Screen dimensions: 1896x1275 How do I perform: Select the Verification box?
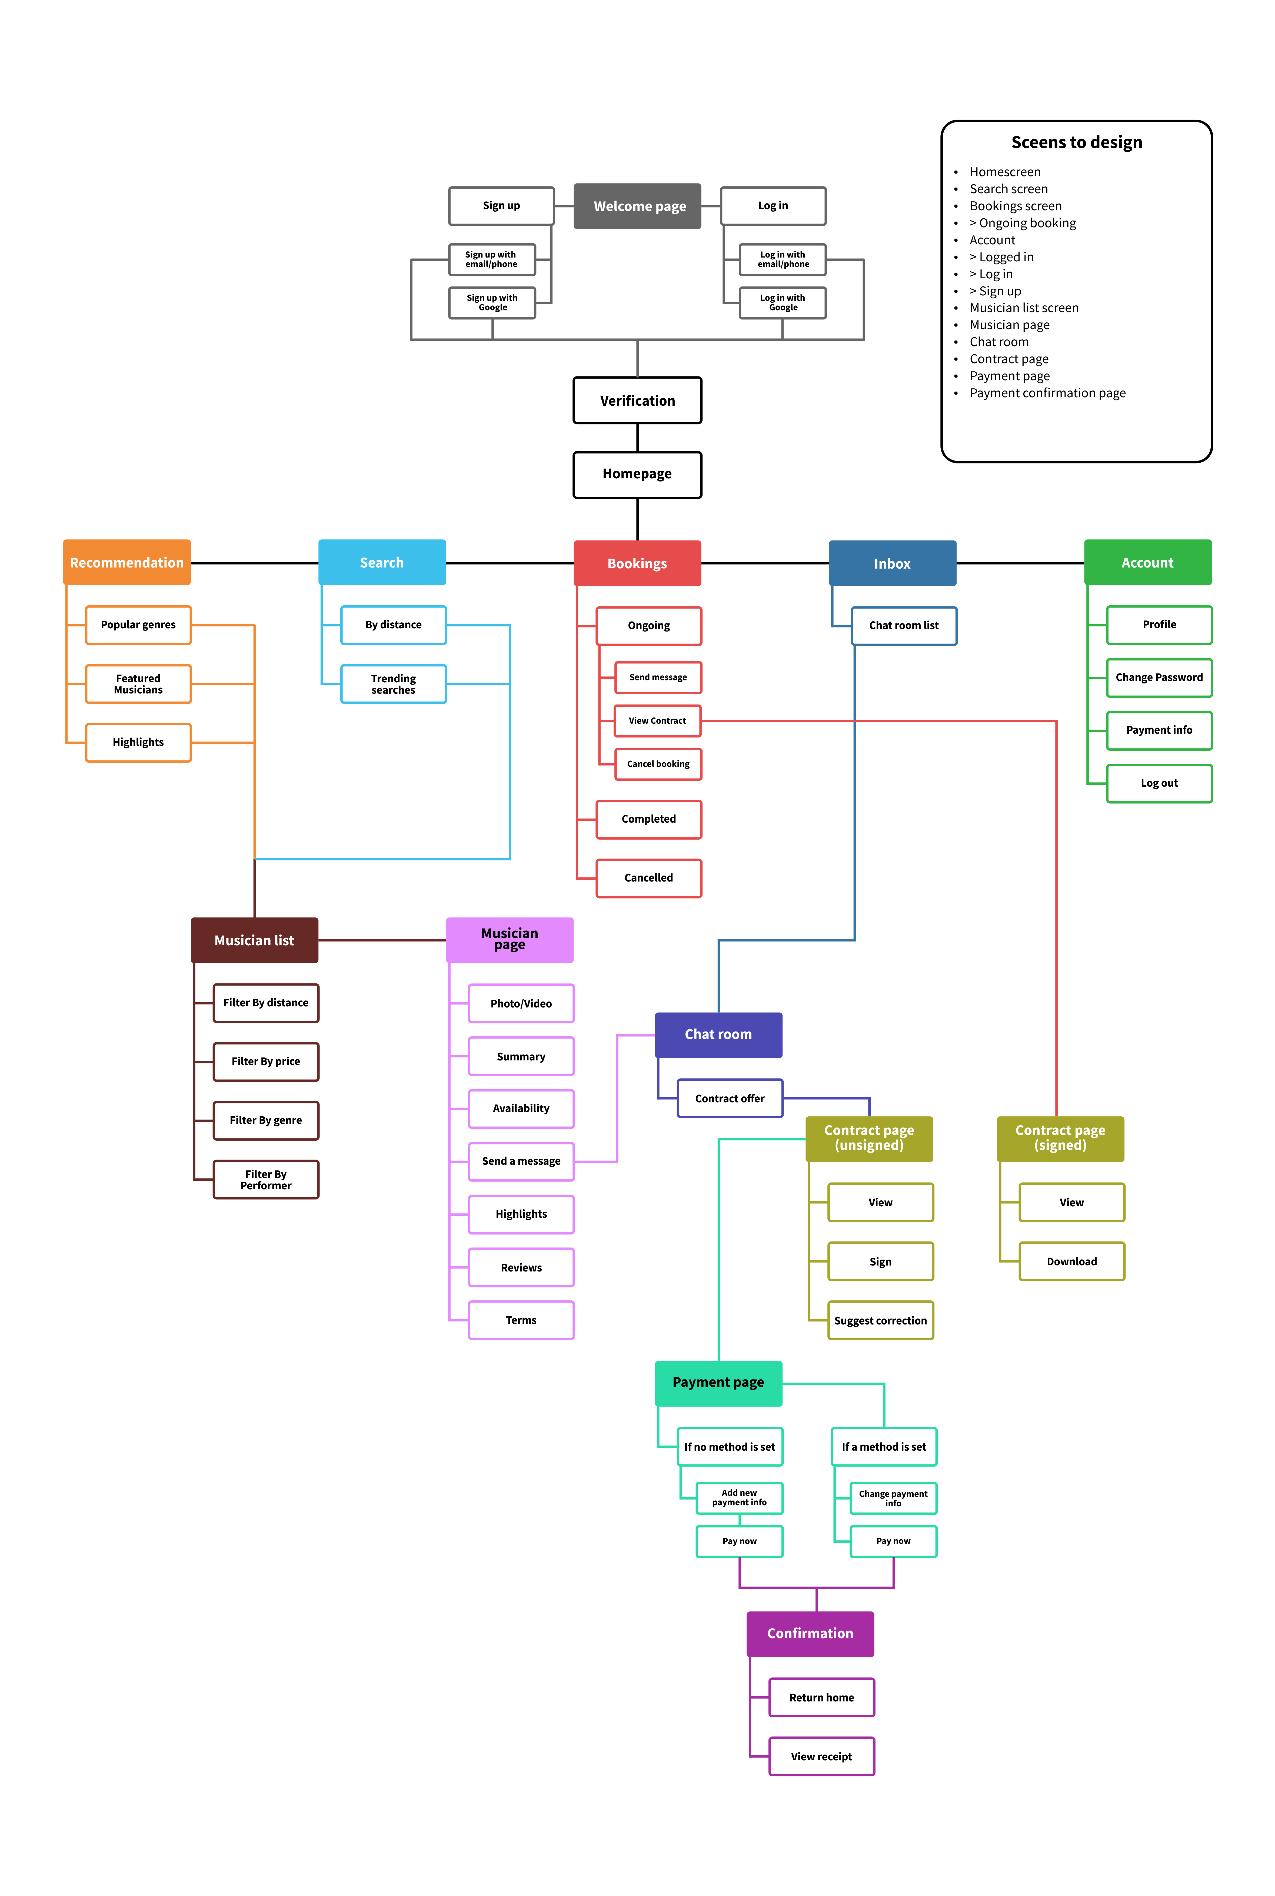pos(637,400)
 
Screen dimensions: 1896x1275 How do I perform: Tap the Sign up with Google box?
pos(492,302)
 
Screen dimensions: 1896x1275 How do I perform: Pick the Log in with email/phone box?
pos(782,259)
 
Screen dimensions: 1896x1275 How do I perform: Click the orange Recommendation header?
pos(127,563)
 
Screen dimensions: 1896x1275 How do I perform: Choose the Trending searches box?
pos(394,684)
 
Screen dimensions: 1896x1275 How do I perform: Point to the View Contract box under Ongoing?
pos(658,720)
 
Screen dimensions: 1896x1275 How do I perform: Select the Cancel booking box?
pos(658,763)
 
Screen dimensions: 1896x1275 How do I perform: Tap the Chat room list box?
pos(903,625)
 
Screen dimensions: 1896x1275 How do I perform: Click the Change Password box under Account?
pos(1159,677)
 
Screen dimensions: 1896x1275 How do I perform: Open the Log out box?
pos(1159,783)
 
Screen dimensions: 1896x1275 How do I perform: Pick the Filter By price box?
pos(266,1061)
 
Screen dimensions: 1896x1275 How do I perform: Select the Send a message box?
pos(521,1161)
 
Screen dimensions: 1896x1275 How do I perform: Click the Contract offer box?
pos(729,1099)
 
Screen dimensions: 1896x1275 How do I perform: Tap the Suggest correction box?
pos(881,1320)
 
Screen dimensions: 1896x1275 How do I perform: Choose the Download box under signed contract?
pos(1072,1261)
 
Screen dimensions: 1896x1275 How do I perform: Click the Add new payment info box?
pos(739,1498)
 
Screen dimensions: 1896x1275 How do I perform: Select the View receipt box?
pos(821,1756)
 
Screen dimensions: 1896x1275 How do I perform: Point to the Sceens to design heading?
pos(1077,142)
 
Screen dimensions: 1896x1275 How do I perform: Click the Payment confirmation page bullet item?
pos(1047,393)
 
